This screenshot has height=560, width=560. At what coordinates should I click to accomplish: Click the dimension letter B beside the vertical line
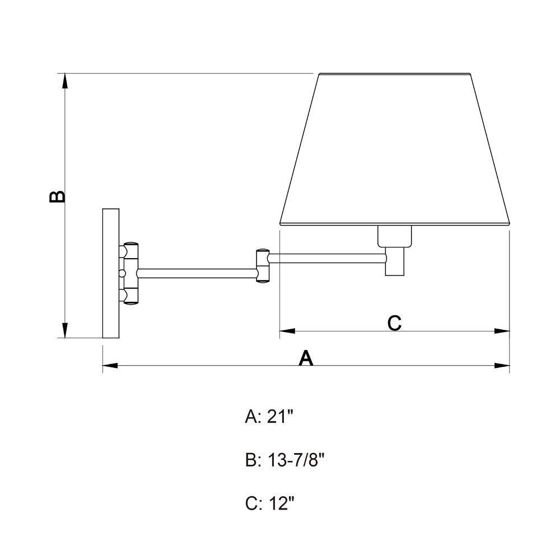(x=57, y=197)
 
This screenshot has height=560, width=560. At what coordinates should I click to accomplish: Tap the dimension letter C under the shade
(x=394, y=323)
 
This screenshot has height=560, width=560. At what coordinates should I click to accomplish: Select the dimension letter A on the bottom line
(x=306, y=358)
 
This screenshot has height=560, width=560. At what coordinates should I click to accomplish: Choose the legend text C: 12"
(x=270, y=504)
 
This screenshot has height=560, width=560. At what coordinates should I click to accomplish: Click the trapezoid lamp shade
(x=395, y=150)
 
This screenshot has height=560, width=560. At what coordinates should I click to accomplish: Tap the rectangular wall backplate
(x=111, y=273)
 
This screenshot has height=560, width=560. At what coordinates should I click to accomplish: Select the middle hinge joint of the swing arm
(x=262, y=265)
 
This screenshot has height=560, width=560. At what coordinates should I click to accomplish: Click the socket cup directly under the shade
(x=395, y=236)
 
